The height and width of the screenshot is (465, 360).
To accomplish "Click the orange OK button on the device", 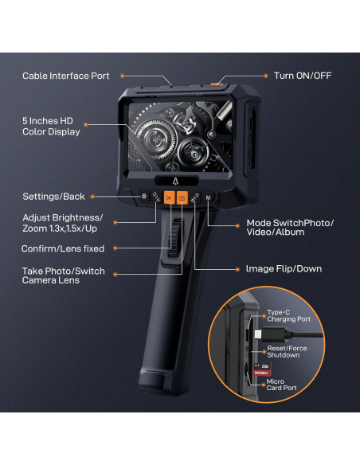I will pos(169,197).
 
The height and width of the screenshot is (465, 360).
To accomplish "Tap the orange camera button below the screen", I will pos(182,197).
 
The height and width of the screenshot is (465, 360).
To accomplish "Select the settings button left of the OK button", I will pos(144,196).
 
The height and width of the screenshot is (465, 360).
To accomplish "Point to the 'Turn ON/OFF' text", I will pos(303,76).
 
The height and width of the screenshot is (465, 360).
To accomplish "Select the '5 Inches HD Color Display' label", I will pos(51,126).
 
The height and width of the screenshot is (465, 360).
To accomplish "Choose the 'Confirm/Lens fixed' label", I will pos(62,248).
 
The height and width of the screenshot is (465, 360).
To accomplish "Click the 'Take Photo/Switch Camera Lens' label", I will pos(62,276).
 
